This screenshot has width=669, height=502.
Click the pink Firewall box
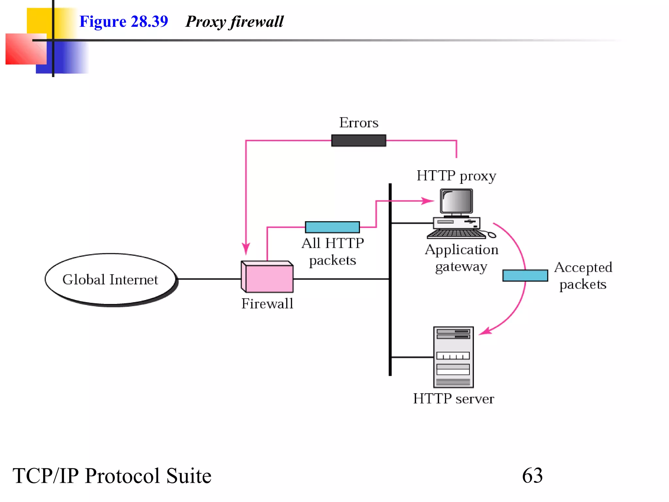[268, 278]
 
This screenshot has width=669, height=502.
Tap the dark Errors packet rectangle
[358, 141]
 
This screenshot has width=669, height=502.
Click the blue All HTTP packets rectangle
[332, 227]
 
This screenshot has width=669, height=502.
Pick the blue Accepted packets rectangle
[525, 276]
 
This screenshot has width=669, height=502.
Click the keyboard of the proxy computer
[456, 234]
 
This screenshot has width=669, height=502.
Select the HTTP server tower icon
[453, 357]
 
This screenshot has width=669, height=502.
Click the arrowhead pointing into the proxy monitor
[428, 201]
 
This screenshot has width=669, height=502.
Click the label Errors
[359, 123]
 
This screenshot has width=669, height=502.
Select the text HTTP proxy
[456, 176]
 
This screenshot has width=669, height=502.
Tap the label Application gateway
[461, 258]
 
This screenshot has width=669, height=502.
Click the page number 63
[532, 476]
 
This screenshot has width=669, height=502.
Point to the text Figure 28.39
[123, 22]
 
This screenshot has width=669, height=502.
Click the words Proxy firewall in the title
[234, 22]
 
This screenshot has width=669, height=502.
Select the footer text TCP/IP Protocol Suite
[112, 476]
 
